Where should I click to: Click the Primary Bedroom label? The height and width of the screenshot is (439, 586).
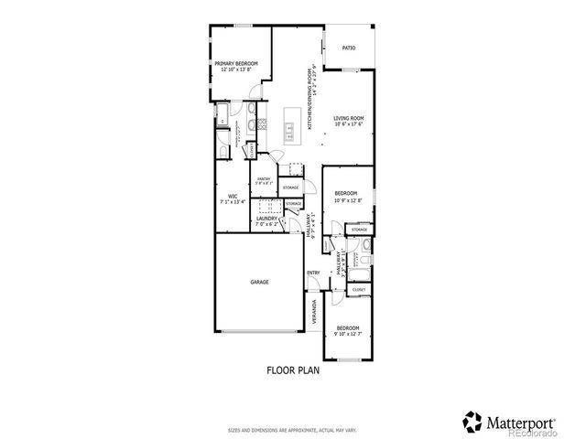pyautogui.click(x=236, y=63)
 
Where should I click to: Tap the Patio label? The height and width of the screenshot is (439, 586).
pyautogui.click(x=348, y=48)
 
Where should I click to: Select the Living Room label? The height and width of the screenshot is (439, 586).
pyautogui.click(x=348, y=119)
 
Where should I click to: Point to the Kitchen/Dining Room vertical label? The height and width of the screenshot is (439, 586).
pyautogui.click(x=312, y=97)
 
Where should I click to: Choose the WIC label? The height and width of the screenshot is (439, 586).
pyautogui.click(x=233, y=196)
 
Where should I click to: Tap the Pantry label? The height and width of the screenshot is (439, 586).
pyautogui.click(x=263, y=179)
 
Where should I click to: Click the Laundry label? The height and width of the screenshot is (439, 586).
pyautogui.click(x=266, y=219)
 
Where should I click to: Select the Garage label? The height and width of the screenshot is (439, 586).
pyautogui.click(x=259, y=282)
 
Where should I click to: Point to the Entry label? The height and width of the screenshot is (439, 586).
pyautogui.click(x=312, y=273)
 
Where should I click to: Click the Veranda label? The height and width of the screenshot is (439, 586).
pyautogui.click(x=314, y=312)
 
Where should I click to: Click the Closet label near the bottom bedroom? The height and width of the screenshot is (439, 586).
pyautogui.click(x=359, y=290)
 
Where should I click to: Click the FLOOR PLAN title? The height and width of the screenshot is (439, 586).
pyautogui.click(x=292, y=371)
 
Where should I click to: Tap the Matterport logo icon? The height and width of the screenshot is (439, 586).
pyautogui.click(x=472, y=422)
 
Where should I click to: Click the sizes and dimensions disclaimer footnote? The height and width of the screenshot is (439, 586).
pyautogui.click(x=292, y=427)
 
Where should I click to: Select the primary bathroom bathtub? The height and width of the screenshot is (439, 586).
pyautogui.click(x=222, y=115)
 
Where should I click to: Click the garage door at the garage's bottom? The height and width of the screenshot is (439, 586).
pyautogui.click(x=259, y=329)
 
